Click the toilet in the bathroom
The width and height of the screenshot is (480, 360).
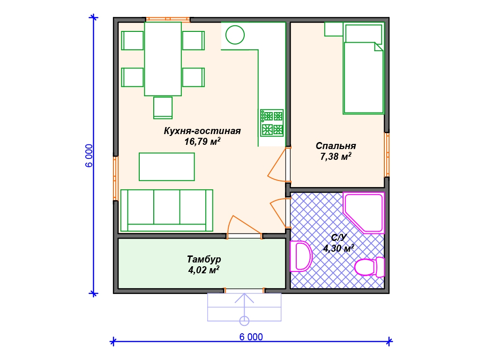click(x=369, y=267)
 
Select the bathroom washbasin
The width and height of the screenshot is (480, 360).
click(x=300, y=256)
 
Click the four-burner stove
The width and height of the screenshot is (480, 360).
click(x=272, y=123)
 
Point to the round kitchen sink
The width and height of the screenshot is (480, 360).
click(x=235, y=35)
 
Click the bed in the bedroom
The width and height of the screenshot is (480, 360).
click(x=363, y=68)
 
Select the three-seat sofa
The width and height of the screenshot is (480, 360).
click(x=166, y=210)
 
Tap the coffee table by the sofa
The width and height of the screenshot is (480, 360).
click(x=167, y=167)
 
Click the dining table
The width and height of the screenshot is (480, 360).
click(x=163, y=59)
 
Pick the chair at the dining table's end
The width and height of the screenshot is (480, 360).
click(x=163, y=108)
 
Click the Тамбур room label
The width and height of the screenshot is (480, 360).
click(x=204, y=260)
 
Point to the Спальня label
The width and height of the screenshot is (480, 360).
click(x=336, y=146)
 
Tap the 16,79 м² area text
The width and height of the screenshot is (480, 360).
click(x=202, y=142)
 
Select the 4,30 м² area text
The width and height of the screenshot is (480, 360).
click(x=338, y=248)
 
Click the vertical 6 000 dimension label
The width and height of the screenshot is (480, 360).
click(x=89, y=156)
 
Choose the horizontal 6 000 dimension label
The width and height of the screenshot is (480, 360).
click(x=251, y=337)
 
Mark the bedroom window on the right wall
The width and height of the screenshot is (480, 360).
click(x=387, y=155)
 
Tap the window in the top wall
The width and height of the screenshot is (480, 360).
click(x=168, y=19)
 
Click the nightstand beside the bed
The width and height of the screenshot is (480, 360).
click(x=334, y=29)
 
